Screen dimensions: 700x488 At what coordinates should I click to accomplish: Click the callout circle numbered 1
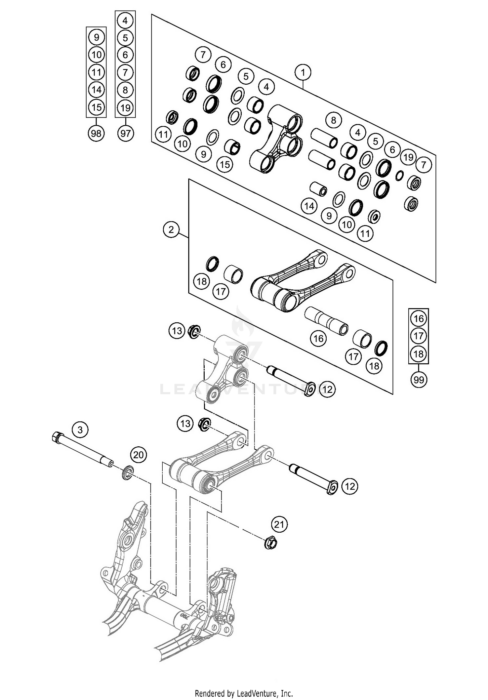tap(303, 72)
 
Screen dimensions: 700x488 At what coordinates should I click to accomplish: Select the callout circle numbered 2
tap(171, 230)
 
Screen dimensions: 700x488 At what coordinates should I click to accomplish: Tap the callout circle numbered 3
tap(80, 430)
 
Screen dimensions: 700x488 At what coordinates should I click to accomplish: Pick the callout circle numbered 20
tap(139, 455)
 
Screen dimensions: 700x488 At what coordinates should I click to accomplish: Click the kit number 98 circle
tap(96, 133)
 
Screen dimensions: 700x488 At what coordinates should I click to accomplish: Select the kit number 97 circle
tap(126, 133)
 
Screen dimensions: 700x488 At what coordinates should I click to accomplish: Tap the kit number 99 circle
tap(419, 380)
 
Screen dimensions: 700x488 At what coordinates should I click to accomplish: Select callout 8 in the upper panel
tap(333, 120)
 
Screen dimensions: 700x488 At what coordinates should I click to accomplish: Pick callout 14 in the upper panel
tap(309, 206)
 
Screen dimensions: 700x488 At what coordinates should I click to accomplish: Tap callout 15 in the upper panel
tap(225, 164)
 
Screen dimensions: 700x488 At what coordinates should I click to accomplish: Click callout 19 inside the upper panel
tap(408, 157)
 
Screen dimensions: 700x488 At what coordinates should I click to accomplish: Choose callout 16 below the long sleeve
tap(318, 339)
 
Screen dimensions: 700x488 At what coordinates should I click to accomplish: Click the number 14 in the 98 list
tap(96, 90)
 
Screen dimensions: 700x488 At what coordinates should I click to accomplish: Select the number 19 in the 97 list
tap(126, 108)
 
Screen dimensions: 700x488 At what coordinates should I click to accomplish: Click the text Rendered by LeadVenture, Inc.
tap(244, 693)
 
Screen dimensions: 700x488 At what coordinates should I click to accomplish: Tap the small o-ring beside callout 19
tap(400, 175)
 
